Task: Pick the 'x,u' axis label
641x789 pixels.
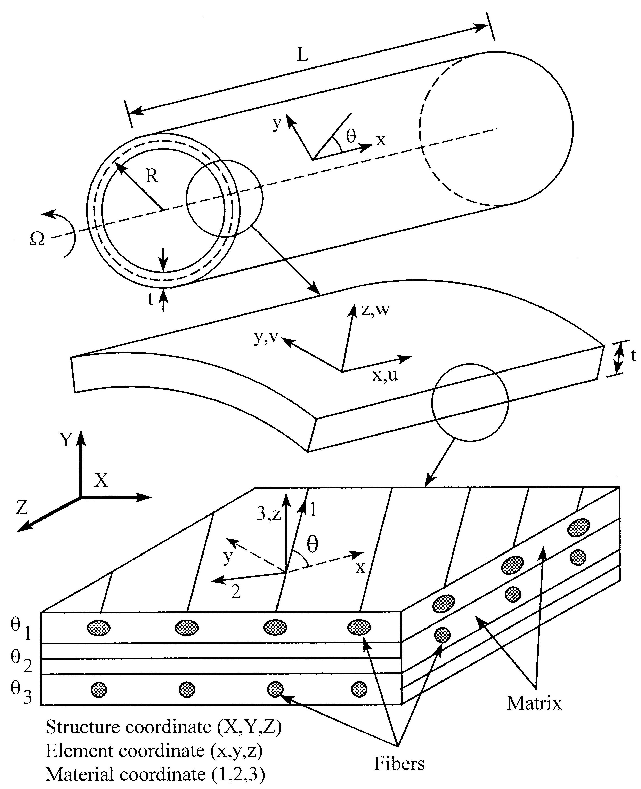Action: click(x=385, y=375)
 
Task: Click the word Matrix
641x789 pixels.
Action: click(x=534, y=703)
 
